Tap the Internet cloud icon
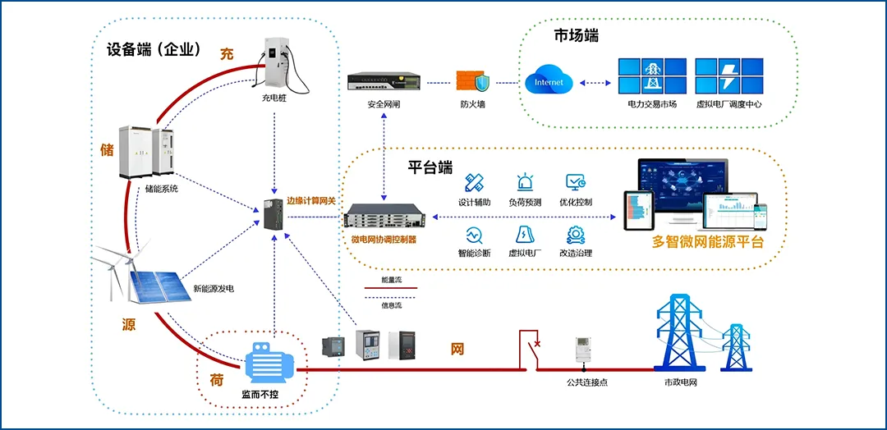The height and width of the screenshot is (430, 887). click(x=549, y=81)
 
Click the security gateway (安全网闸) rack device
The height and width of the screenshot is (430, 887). click(x=384, y=80)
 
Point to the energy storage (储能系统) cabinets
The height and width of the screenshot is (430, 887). click(x=149, y=152)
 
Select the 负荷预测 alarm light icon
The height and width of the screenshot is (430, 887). click(x=525, y=183)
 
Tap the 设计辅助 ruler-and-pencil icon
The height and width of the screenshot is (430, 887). click(x=474, y=183)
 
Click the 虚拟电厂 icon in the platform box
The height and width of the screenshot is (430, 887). click(x=525, y=235)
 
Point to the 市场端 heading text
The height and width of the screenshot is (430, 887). click(x=576, y=36)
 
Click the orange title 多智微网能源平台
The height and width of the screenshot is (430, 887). click(x=708, y=241)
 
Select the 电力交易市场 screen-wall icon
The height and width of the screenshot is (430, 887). click(x=652, y=76)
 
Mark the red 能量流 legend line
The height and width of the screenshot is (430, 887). click(x=391, y=289)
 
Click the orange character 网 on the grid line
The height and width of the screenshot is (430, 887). click(x=457, y=349)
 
